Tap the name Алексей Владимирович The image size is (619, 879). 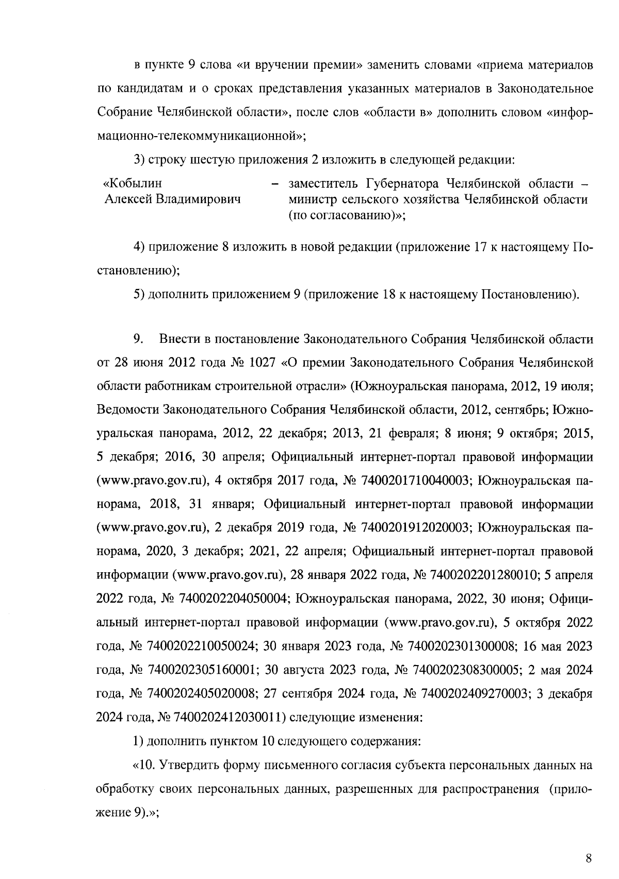(173, 199)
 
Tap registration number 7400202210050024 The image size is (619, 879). (202, 646)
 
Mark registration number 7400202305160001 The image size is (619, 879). (202, 670)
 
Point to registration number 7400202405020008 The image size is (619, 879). (202, 694)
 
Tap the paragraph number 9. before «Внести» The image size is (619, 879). (138, 339)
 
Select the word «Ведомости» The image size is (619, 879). (127, 410)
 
